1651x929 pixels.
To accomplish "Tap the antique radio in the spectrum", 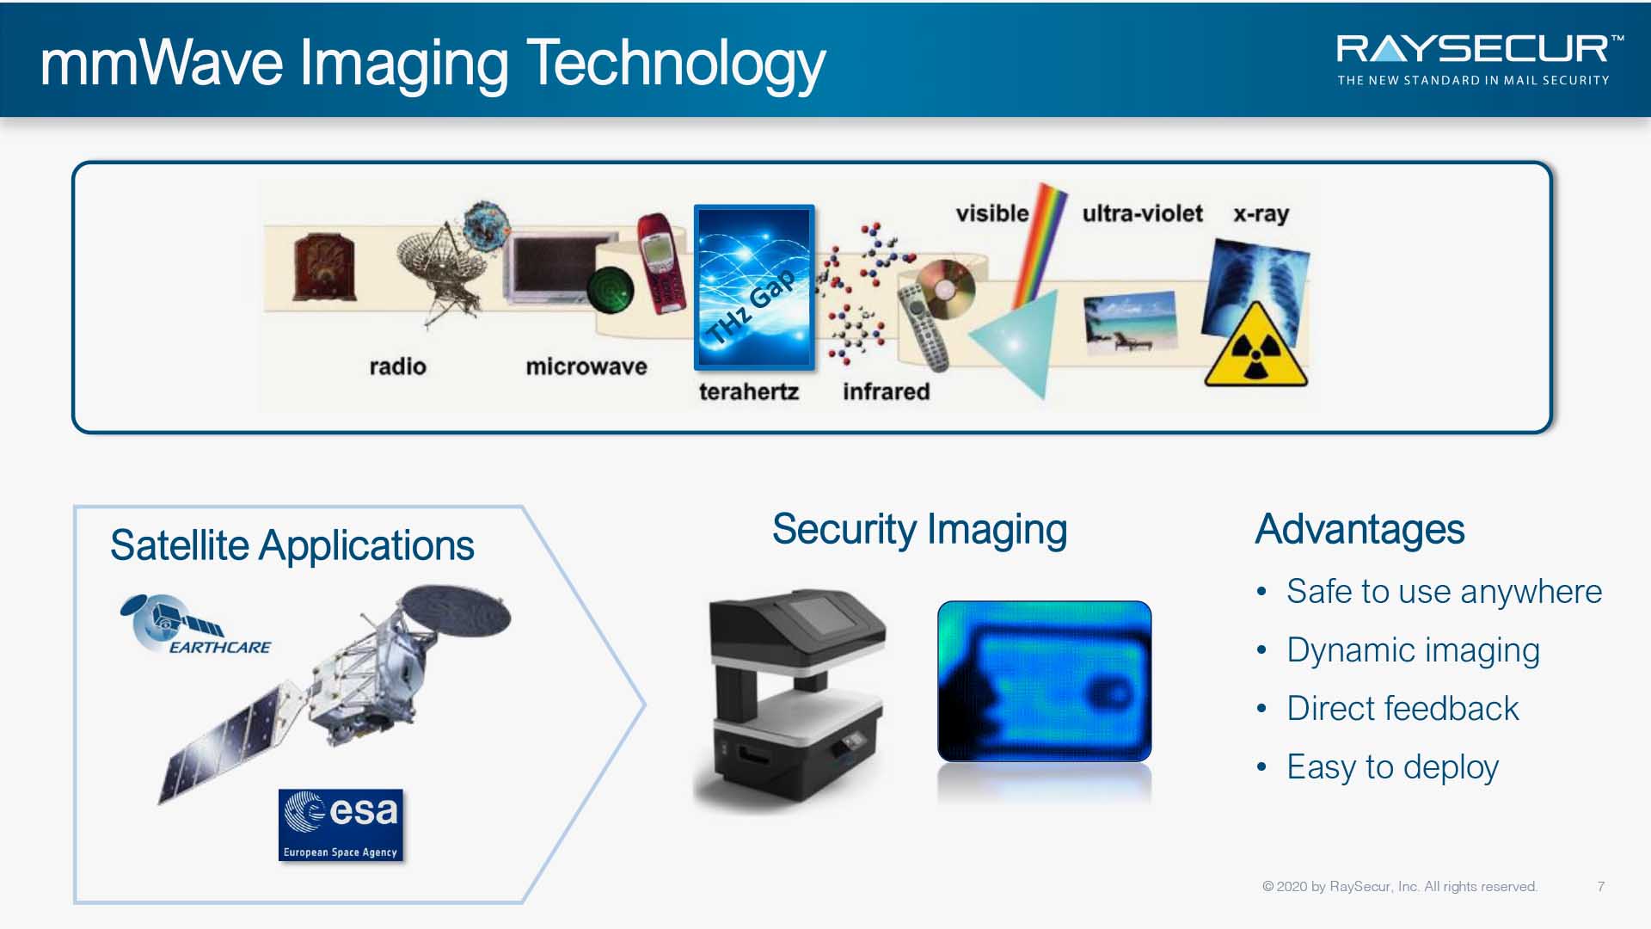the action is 324,267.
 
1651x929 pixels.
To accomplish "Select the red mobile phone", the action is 660,263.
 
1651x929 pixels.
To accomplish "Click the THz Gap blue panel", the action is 754,287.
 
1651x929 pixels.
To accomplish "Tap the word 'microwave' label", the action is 586,366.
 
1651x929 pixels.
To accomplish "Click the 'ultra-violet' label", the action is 1142,213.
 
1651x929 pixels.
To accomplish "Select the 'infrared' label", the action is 887,391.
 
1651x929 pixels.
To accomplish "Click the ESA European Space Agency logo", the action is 341,825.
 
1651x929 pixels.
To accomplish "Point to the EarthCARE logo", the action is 196,624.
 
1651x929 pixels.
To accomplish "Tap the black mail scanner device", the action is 793,698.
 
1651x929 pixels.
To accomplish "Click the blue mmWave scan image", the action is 1044,681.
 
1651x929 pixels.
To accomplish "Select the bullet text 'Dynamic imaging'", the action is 1413,651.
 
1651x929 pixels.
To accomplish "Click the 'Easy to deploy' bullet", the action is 1392,767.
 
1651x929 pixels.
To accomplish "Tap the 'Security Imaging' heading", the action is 919,530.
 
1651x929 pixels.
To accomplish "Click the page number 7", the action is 1601,887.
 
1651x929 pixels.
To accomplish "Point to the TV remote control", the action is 924,327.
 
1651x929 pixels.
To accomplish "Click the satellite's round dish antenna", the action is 457,611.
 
